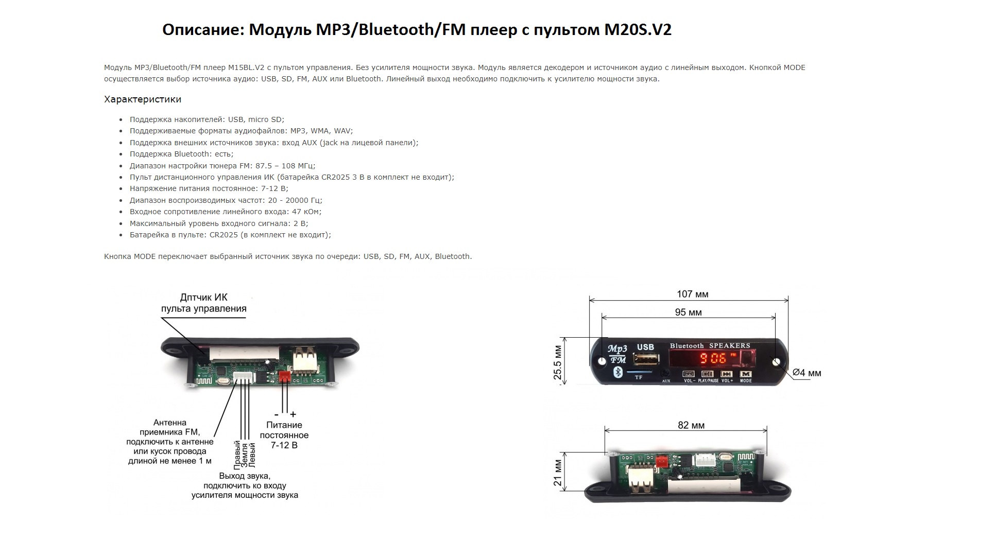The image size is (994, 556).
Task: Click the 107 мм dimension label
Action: [x=692, y=294]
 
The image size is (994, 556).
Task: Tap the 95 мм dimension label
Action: [x=688, y=312]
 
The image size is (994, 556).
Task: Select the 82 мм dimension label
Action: [x=691, y=425]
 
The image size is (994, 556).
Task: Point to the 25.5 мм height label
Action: [x=558, y=362]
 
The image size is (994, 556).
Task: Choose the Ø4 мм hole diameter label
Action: [x=807, y=373]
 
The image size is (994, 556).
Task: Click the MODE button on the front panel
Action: [x=745, y=374]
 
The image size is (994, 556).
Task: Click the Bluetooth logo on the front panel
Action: [x=616, y=372]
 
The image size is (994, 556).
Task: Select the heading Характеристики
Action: [x=143, y=99]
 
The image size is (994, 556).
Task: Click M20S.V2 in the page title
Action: [x=638, y=30]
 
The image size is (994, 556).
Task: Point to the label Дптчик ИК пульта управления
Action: [x=204, y=303]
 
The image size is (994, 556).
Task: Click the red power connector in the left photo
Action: [x=284, y=377]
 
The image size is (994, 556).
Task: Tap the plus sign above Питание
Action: [x=293, y=414]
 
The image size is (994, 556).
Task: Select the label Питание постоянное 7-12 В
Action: [x=284, y=435]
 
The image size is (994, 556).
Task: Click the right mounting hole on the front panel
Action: [x=776, y=362]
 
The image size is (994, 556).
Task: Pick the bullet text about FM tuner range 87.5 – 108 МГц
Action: [x=222, y=166]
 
